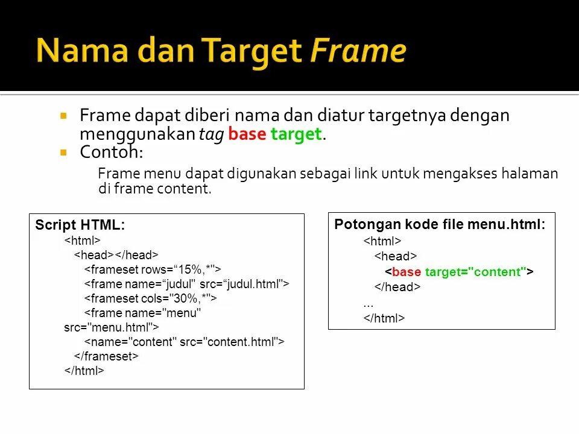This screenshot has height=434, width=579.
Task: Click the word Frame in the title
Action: coord(358,51)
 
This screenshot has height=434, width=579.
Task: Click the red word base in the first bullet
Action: coord(247,134)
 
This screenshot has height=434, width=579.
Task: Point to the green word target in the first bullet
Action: coord(296,134)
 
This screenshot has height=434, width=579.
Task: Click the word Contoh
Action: coord(111,152)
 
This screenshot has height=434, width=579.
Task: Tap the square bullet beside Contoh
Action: coord(63,153)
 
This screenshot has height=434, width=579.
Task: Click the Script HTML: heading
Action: coord(80,225)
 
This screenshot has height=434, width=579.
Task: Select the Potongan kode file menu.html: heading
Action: coord(440,225)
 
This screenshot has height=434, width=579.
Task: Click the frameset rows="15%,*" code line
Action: coord(153,269)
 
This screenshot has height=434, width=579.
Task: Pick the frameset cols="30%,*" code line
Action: coord(150,298)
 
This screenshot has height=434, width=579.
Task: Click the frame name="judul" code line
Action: coord(186,283)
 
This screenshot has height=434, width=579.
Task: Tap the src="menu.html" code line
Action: coord(112,327)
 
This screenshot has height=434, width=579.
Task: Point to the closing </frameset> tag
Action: coord(106,356)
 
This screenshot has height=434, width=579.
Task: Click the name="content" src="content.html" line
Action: coord(184,342)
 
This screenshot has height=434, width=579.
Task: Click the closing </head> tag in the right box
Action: coord(397,287)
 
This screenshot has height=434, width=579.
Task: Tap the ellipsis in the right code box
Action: coord(369,303)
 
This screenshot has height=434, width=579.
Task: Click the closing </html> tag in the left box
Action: coord(84,371)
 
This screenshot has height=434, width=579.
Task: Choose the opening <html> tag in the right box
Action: coord(382,242)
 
